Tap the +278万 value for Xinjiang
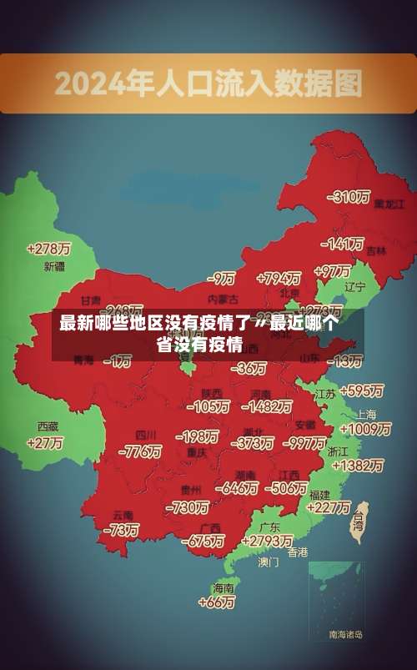48,249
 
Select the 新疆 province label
54,267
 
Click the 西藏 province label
48,426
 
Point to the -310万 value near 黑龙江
350,198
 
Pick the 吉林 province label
376,250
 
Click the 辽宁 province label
355,287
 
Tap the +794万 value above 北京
279,278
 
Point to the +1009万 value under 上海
365,430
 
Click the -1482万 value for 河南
267,406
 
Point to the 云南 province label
123,515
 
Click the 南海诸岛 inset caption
345,635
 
